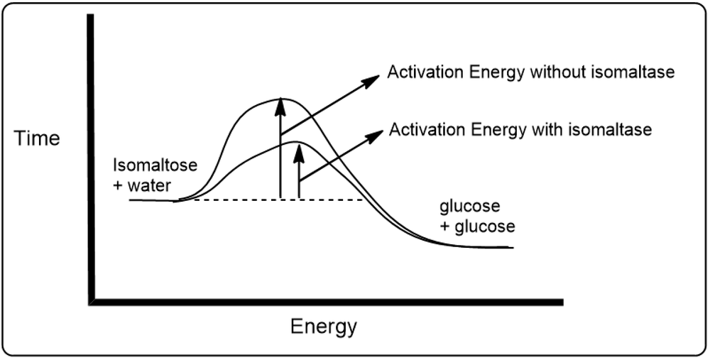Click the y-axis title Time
[x=37, y=138]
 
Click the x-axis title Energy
[x=323, y=327]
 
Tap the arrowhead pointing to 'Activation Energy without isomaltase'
[x=373, y=80]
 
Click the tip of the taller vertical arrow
[x=281, y=101]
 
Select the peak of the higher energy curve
[x=277, y=97]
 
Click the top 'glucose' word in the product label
[x=470, y=207]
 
